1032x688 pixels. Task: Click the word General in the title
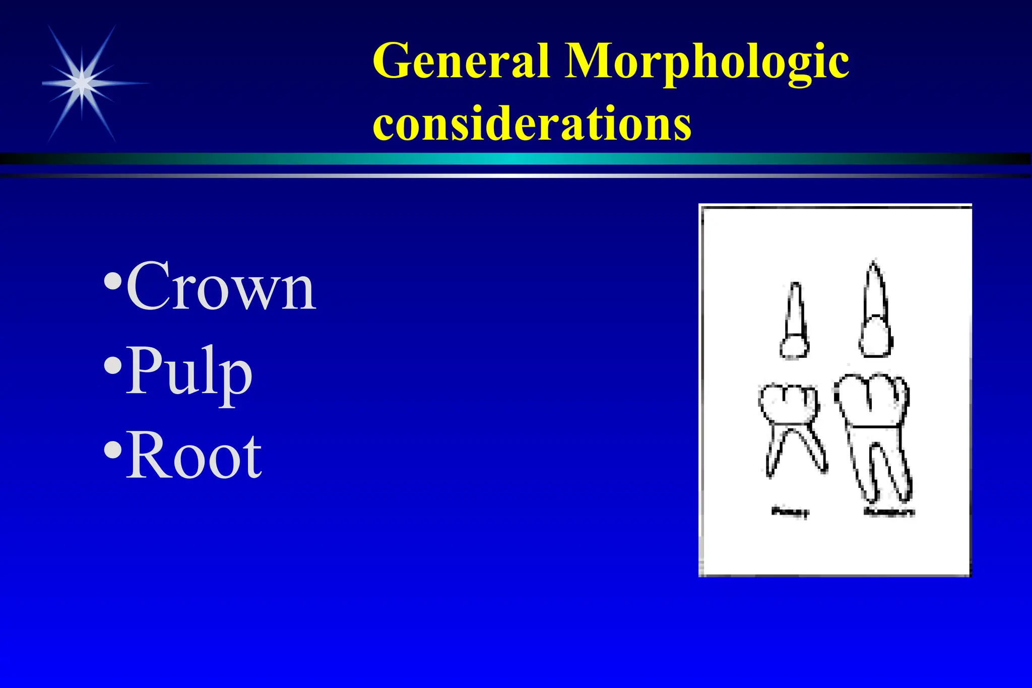[461, 61]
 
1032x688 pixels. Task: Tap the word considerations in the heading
[532, 123]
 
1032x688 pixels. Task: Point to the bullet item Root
[193, 457]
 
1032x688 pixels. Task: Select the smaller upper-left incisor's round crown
[795, 347]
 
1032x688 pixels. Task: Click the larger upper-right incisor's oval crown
[876, 336]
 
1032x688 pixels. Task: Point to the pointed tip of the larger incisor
[873, 263]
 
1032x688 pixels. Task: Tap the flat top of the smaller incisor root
[795, 284]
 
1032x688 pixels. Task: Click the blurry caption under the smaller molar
[790, 512]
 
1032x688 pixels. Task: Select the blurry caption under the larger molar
[889, 512]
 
